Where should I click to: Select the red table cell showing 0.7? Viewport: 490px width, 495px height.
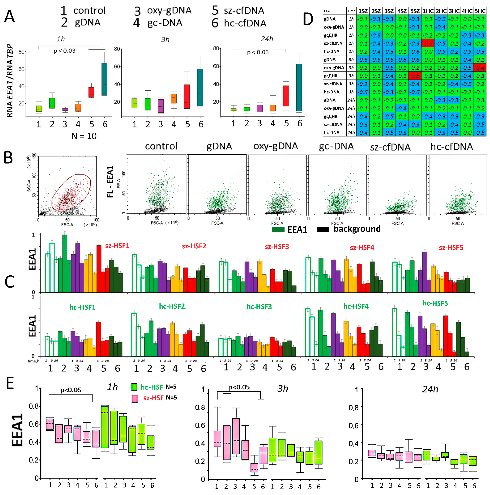pos(428,43)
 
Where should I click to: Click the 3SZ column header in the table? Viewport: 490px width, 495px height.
pos(389,11)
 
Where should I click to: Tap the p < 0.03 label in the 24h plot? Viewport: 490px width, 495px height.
pos(258,53)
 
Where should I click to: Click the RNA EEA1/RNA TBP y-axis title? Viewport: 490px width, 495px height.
pos(10,81)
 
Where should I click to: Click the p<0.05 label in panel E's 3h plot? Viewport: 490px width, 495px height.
pos(239,387)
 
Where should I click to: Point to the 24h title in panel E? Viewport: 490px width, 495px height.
pos(430,389)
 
